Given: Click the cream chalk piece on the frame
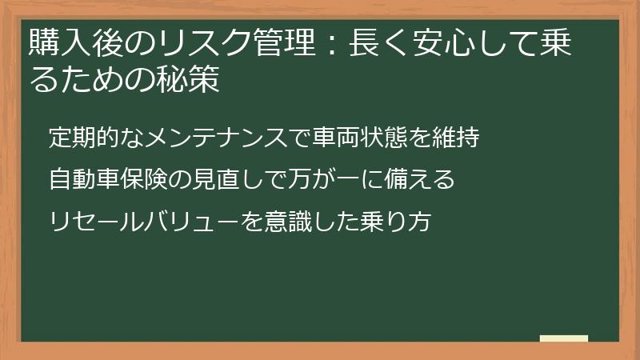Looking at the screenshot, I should click(563, 338).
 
